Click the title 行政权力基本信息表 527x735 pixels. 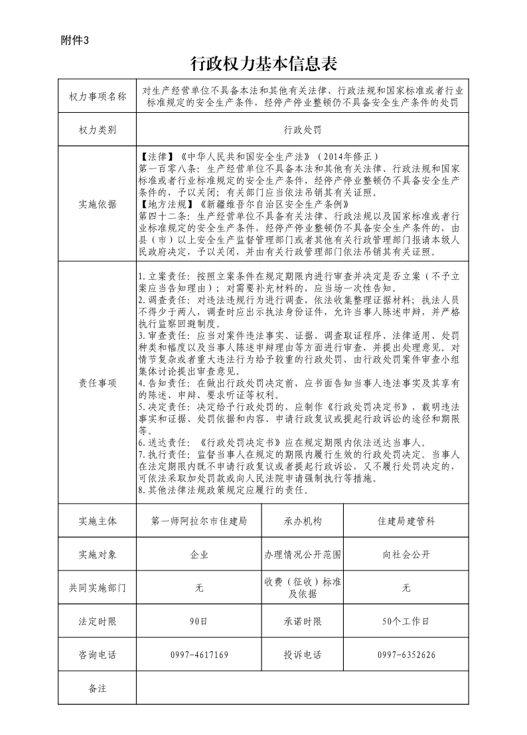click(x=264, y=64)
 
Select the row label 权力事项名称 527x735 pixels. click(x=98, y=96)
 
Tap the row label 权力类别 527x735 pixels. click(x=98, y=129)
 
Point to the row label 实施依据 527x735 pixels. click(x=98, y=204)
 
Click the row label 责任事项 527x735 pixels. click(x=98, y=383)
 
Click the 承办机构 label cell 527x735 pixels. click(x=303, y=521)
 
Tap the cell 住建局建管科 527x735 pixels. click(x=406, y=521)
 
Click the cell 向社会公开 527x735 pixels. click(x=406, y=555)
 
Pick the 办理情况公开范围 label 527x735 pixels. click(x=303, y=555)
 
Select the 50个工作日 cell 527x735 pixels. click(x=406, y=622)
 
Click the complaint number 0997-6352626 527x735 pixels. click(x=406, y=655)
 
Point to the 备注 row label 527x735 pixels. click(x=98, y=688)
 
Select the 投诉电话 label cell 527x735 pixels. click(x=303, y=655)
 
